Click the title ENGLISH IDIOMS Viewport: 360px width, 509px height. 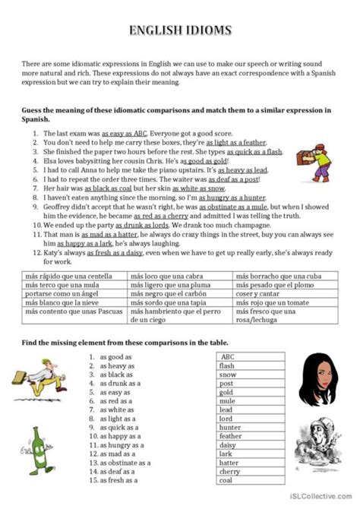[180, 31]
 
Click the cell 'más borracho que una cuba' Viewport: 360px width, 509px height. [281, 273]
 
